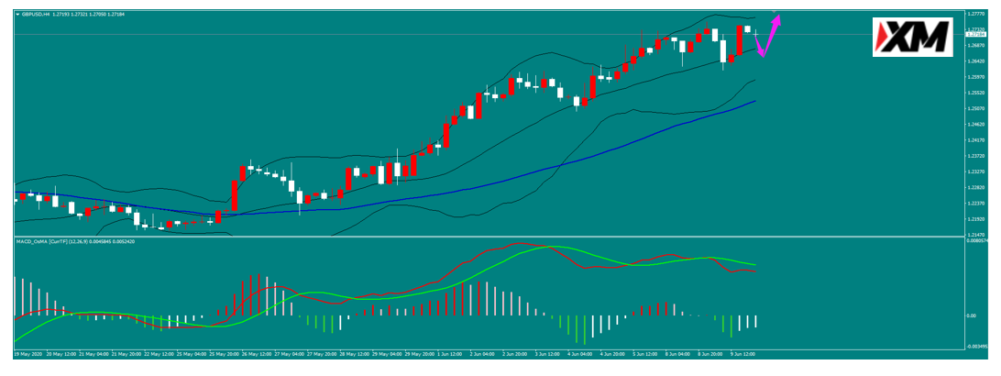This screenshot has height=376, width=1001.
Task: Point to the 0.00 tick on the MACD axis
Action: click(x=972, y=315)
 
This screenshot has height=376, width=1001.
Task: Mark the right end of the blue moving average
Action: click(x=755, y=101)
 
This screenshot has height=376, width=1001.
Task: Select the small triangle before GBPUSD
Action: click(x=18, y=15)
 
